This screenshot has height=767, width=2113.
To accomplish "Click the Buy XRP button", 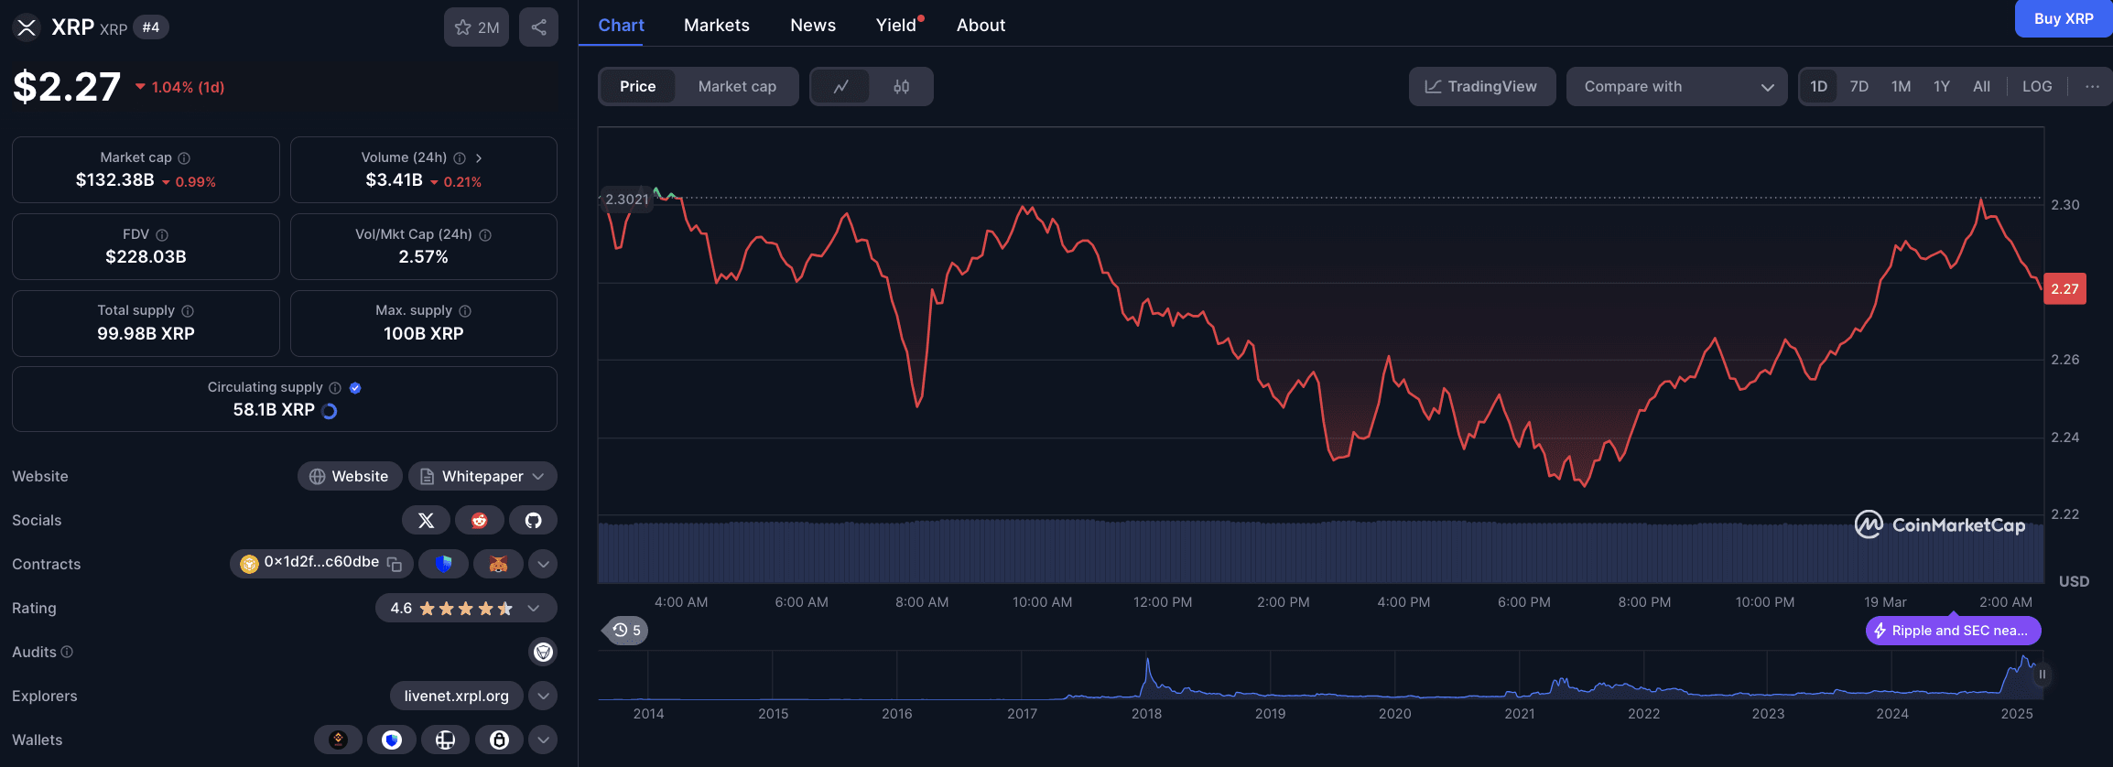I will tap(2063, 18).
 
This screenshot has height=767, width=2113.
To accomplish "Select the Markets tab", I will tap(716, 26).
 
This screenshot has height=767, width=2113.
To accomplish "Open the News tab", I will tap(812, 26).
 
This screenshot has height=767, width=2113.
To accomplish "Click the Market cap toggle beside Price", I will tap(736, 87).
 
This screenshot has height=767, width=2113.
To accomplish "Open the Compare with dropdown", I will tap(1676, 87).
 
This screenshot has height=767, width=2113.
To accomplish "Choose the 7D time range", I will tap(1858, 87).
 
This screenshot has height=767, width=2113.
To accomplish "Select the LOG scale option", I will tap(2036, 87).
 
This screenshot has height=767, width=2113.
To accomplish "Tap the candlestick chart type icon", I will tap(901, 87).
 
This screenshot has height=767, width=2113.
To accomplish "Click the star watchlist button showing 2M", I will tap(476, 27).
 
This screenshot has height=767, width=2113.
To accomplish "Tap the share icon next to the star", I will tap(538, 27).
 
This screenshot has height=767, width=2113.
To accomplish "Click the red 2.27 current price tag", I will tap(2064, 289).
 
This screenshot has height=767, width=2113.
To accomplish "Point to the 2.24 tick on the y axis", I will tap(2064, 438).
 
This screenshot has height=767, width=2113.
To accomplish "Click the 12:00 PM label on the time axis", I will tap(1162, 602).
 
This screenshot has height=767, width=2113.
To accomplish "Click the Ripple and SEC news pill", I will tap(1953, 631).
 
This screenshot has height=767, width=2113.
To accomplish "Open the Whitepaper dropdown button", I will tap(482, 476).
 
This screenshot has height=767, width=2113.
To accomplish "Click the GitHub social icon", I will tap(533, 520).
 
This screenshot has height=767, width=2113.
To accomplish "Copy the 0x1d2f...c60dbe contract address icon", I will tap(395, 564).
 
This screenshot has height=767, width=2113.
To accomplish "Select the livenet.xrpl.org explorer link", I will tap(456, 696).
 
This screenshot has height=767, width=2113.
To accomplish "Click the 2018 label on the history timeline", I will tap(1146, 714).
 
